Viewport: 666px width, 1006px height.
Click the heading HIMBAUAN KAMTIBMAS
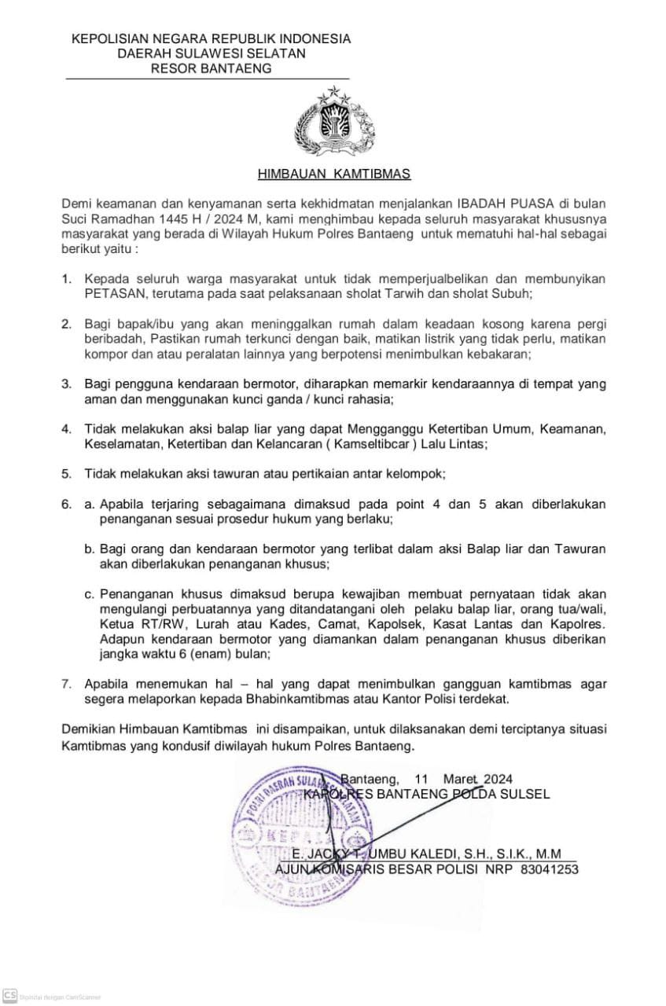tap(334, 174)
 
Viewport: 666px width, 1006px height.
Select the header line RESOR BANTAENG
tap(211, 68)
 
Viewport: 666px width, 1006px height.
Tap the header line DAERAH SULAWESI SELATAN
tap(211, 53)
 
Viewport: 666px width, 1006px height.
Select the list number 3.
tap(66, 384)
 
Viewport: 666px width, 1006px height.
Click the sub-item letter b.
tap(90, 549)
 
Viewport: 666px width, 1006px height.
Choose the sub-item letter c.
tap(90, 593)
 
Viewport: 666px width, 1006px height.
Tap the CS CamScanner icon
tap(10, 995)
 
